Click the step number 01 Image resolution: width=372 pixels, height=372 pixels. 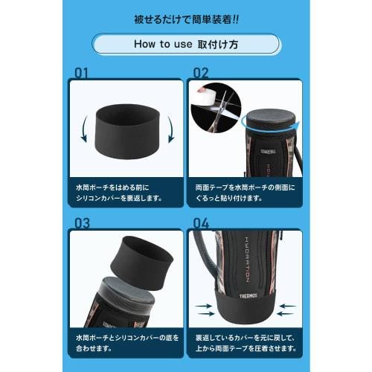(82, 72)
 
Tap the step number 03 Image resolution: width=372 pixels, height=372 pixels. (83, 222)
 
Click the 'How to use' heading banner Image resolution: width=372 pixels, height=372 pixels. (185, 43)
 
